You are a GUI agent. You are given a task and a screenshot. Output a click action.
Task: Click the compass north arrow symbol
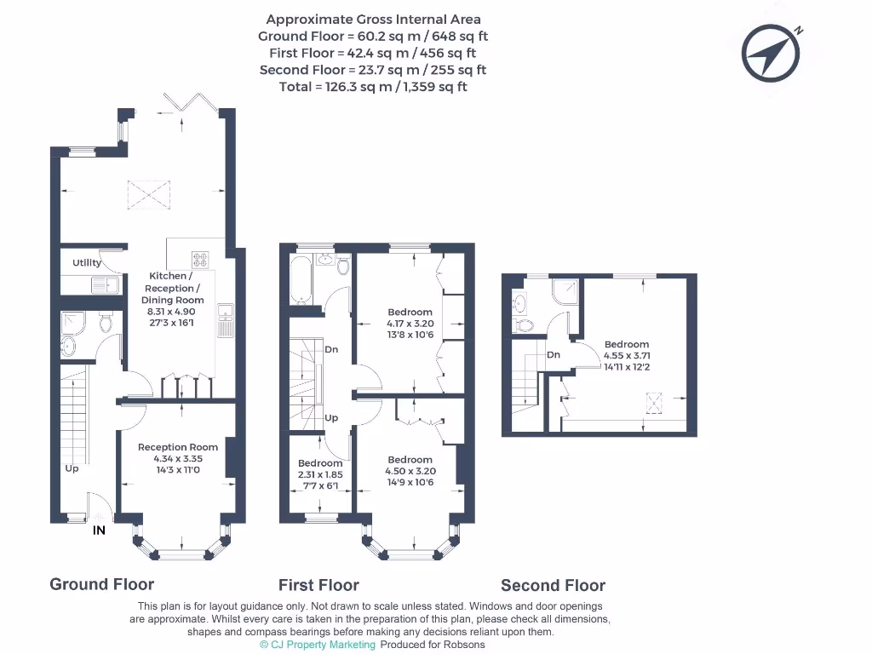pyautogui.click(x=771, y=54)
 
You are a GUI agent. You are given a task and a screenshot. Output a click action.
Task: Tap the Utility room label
pyautogui.click(x=87, y=262)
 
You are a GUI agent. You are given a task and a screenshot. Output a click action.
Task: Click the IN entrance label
pyautogui.click(x=99, y=531)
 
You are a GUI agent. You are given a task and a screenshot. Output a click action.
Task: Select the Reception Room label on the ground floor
pyautogui.click(x=178, y=447)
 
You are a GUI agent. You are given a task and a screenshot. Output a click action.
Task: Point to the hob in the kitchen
pyautogui.click(x=200, y=260)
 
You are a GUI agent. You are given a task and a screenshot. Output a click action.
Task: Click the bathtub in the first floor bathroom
pyautogui.click(x=301, y=280)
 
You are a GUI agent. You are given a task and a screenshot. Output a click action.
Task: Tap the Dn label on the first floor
pyautogui.click(x=331, y=349)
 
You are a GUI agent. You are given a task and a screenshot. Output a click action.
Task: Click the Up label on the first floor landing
pyautogui.click(x=331, y=417)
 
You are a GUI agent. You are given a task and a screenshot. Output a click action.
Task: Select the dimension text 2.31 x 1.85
pyautogui.click(x=320, y=474)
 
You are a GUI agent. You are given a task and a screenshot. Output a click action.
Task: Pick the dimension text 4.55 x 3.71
pyautogui.click(x=627, y=355)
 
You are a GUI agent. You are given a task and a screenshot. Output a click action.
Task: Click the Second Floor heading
pyautogui.click(x=553, y=586)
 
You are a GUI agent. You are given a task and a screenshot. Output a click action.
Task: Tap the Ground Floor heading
pyautogui.click(x=102, y=584)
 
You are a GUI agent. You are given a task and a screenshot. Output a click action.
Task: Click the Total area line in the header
pyautogui.click(x=373, y=87)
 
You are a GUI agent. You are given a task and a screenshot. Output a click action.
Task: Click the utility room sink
pyautogui.click(x=105, y=285)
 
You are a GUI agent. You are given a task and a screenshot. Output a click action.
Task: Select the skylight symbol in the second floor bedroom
pyautogui.click(x=655, y=403)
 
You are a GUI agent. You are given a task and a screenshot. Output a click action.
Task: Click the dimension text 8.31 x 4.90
pyautogui.click(x=172, y=312)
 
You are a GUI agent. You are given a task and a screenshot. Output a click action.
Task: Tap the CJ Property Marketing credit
pyautogui.click(x=318, y=645)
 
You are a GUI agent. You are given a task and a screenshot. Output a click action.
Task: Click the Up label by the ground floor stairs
pyautogui.click(x=72, y=469)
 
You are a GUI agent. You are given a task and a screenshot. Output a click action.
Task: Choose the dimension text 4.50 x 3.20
pyautogui.click(x=410, y=471)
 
